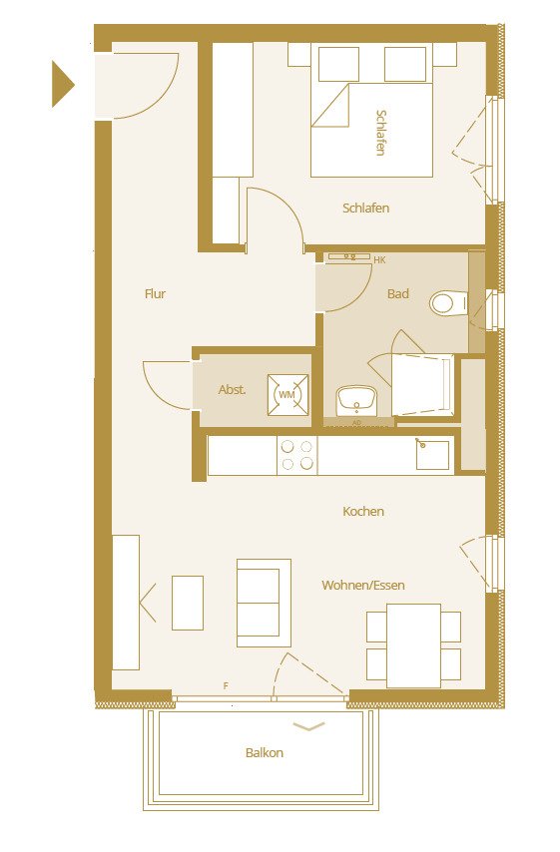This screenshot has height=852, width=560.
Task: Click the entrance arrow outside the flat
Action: (63, 84)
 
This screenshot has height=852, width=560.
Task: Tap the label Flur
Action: (155, 294)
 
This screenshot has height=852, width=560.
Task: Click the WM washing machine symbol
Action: (287, 395)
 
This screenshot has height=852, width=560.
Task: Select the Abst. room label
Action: (232, 390)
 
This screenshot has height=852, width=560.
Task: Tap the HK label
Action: (379, 260)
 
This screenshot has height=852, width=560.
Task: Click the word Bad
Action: (398, 294)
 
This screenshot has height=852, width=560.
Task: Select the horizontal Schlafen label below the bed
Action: (365, 209)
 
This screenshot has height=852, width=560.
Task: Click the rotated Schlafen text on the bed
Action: (380, 132)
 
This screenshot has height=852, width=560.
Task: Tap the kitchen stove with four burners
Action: (296, 455)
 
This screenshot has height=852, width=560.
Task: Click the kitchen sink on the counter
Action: (433, 454)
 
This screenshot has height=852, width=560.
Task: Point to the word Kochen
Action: (363, 512)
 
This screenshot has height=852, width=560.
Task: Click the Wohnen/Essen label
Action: (363, 586)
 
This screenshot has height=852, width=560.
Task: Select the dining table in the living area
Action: (413, 644)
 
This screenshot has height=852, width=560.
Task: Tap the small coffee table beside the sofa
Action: (188, 603)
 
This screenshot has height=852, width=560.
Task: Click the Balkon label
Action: (265, 753)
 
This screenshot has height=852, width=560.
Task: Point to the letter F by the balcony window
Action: (227, 685)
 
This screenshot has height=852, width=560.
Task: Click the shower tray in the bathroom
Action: (421, 384)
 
